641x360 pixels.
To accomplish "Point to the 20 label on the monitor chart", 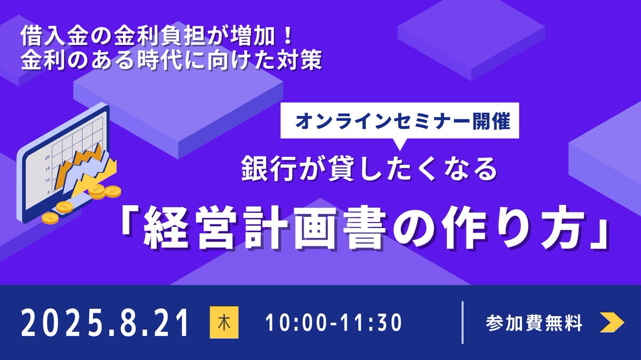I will (48, 157).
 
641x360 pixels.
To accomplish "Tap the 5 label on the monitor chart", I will (49, 191).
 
